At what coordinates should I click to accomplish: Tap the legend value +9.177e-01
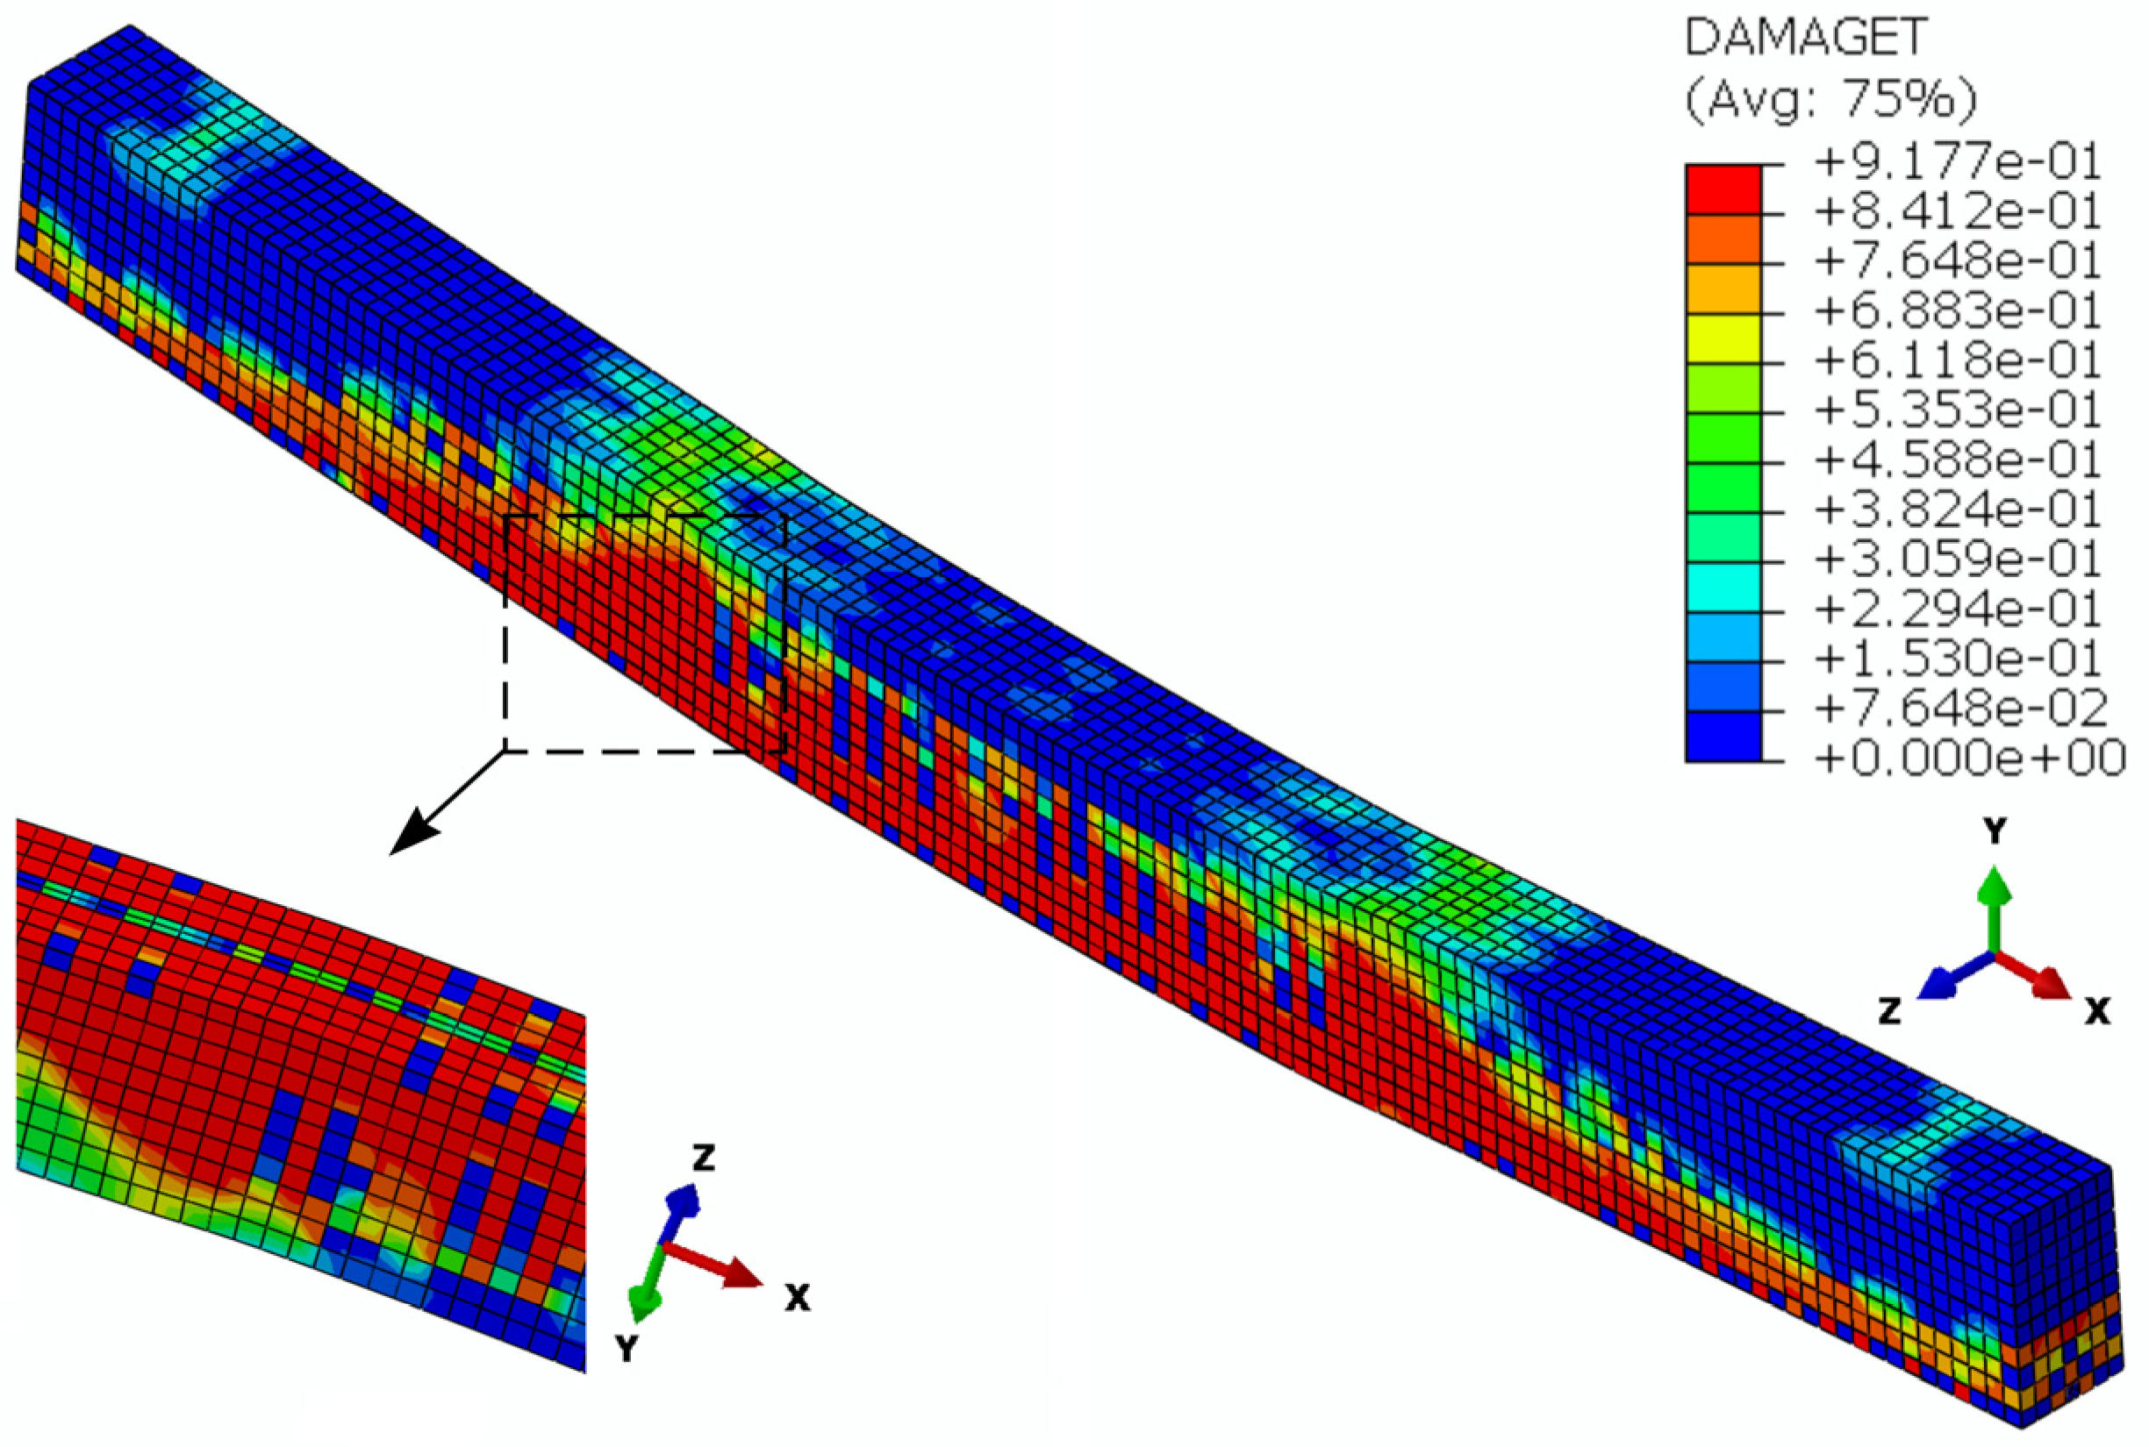pyautogui.click(x=1957, y=163)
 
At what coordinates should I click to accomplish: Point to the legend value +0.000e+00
pyautogui.click(x=1969, y=759)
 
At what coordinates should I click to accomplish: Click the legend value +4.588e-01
pyautogui.click(x=1957, y=460)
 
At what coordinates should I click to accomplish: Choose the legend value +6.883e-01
pyautogui.click(x=1957, y=312)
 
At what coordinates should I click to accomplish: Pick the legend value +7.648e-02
pyautogui.click(x=1960, y=709)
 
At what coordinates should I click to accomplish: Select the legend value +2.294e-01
pyautogui.click(x=1957, y=609)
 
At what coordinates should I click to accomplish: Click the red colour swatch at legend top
pyautogui.click(x=1723, y=190)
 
